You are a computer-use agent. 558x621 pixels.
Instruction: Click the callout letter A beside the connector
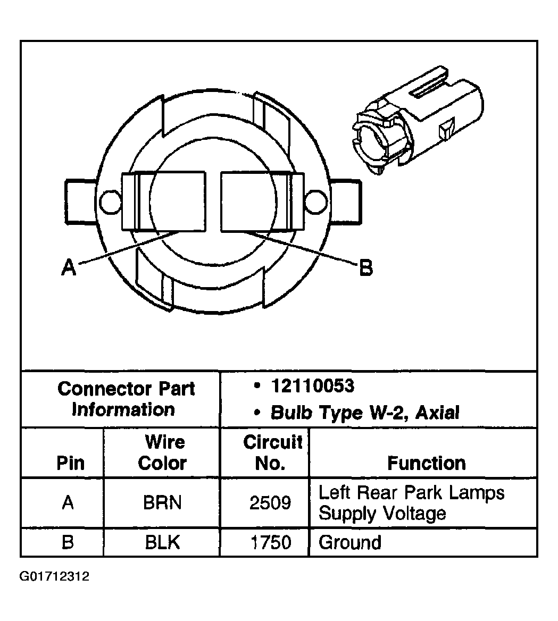tap(68, 267)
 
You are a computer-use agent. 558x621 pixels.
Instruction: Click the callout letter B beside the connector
tap(366, 268)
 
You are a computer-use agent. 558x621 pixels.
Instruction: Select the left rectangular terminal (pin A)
tap(164, 201)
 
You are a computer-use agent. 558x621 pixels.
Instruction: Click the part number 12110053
tap(312, 386)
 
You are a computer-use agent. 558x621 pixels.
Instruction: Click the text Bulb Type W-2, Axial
tap(364, 413)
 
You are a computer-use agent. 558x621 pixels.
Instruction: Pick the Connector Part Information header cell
tap(126, 399)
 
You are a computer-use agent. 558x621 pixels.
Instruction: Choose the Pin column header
tap(70, 463)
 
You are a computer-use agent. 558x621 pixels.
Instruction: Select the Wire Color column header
tap(163, 452)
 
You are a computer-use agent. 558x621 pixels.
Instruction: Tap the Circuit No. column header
tap(272, 452)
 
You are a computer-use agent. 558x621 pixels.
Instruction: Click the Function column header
tap(426, 463)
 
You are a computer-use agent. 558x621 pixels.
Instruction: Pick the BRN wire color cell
tap(162, 502)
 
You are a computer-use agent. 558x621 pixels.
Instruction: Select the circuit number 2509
tap(270, 502)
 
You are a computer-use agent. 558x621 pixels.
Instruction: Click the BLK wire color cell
tap(162, 542)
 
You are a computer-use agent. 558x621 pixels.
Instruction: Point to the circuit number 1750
tap(270, 542)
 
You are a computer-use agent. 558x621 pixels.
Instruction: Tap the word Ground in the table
tap(350, 542)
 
